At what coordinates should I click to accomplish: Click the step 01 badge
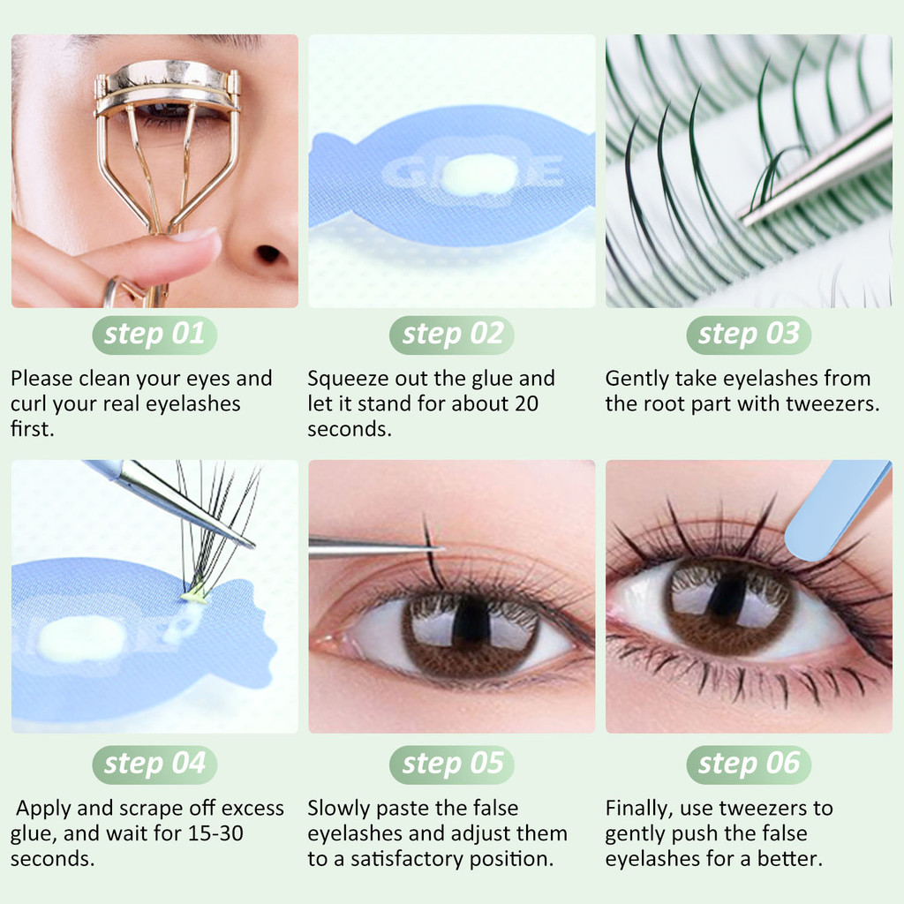pos(154,335)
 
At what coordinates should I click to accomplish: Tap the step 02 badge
pos(452,335)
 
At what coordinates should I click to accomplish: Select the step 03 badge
pos(749,335)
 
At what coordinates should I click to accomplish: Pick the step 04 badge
pos(154,765)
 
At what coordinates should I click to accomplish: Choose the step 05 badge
pos(452,765)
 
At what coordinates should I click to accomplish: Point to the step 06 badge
pos(749,765)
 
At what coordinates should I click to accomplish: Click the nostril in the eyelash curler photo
pos(268,253)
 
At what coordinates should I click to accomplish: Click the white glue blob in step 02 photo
pos(472,174)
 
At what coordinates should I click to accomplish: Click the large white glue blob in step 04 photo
pos(81,639)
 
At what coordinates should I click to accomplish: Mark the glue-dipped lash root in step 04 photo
pos(194,593)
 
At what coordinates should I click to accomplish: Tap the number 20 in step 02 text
pos(526,403)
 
